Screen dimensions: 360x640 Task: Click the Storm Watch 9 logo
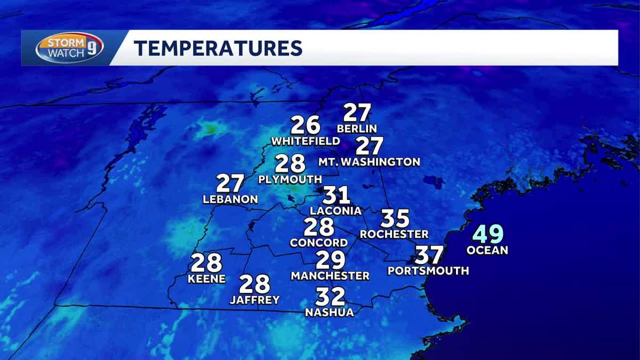[69, 48]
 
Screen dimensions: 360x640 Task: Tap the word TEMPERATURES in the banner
[218, 48]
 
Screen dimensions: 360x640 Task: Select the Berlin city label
[357, 129]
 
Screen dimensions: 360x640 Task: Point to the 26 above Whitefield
[305, 125]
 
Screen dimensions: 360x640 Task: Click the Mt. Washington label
[369, 162]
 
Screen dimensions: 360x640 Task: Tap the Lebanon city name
[230, 199]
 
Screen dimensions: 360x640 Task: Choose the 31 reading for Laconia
[336, 196]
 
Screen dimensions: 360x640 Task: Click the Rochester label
[394, 234]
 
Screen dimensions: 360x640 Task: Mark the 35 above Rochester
[395, 219]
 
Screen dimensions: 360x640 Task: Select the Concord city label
[319, 243]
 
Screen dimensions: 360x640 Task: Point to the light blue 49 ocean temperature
[488, 235]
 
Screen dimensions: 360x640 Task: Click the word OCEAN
[487, 250]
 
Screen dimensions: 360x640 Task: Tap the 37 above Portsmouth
[429, 255]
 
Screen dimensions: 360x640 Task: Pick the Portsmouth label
[428, 271]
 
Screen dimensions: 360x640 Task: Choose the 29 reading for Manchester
[330, 260]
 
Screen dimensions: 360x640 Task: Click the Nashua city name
[329, 313]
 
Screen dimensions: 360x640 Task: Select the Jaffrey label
[254, 300]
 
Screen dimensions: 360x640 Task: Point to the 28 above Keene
[206, 263]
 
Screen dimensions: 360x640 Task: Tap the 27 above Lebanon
[230, 184]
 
